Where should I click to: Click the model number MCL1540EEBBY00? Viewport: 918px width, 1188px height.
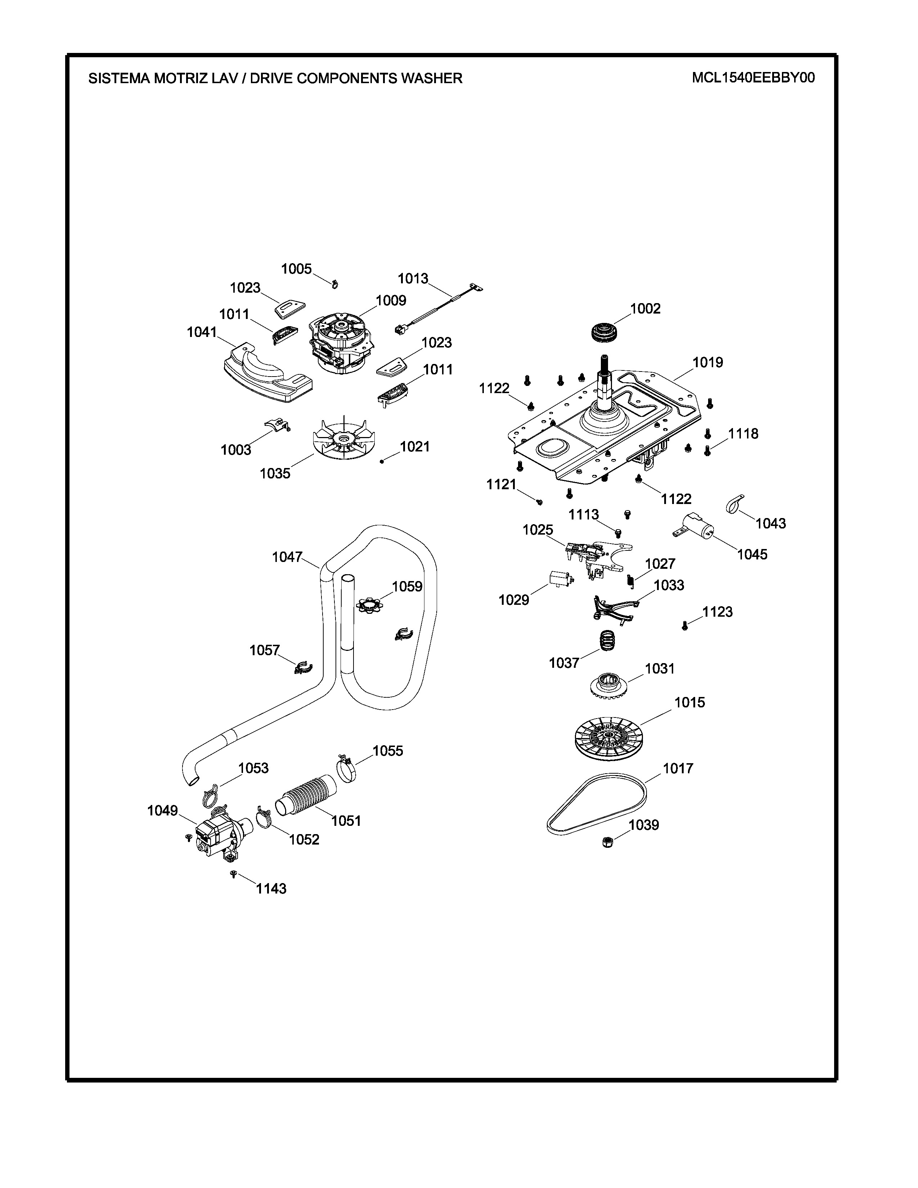click(x=753, y=78)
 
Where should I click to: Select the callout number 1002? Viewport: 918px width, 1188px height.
click(x=645, y=309)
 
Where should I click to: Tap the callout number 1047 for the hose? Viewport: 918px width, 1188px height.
click(x=287, y=557)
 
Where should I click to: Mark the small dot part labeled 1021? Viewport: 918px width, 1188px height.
click(x=382, y=461)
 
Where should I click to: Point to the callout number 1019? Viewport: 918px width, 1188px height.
click(x=707, y=362)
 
